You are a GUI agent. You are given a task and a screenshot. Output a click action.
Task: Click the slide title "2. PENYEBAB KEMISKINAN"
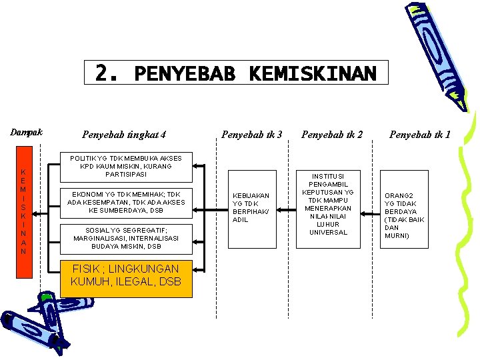click(x=236, y=73)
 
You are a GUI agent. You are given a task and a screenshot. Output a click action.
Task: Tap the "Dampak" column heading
click(x=26, y=132)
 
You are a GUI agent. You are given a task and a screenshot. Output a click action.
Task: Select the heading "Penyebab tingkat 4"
click(x=124, y=135)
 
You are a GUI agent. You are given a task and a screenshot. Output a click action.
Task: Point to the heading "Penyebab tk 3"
click(x=252, y=135)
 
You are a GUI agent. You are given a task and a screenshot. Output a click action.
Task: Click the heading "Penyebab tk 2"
click(x=332, y=135)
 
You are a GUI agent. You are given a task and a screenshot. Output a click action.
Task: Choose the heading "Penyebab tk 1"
click(x=420, y=135)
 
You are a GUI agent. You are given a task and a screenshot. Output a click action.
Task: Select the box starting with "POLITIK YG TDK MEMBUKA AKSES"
click(x=126, y=166)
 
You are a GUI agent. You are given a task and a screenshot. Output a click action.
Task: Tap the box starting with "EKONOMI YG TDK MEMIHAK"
click(x=126, y=202)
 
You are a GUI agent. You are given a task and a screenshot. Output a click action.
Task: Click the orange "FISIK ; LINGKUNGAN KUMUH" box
click(x=126, y=275)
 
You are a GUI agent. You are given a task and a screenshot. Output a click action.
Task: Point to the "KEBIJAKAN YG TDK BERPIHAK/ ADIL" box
click(x=251, y=207)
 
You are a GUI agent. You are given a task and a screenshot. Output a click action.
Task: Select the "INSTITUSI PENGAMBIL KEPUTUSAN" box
click(x=329, y=204)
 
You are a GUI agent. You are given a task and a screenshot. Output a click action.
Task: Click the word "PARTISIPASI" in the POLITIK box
click(x=126, y=175)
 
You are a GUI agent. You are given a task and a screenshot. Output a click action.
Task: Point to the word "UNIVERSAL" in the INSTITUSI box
click(x=329, y=232)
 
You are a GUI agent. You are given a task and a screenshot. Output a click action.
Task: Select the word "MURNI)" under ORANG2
click(x=397, y=236)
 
